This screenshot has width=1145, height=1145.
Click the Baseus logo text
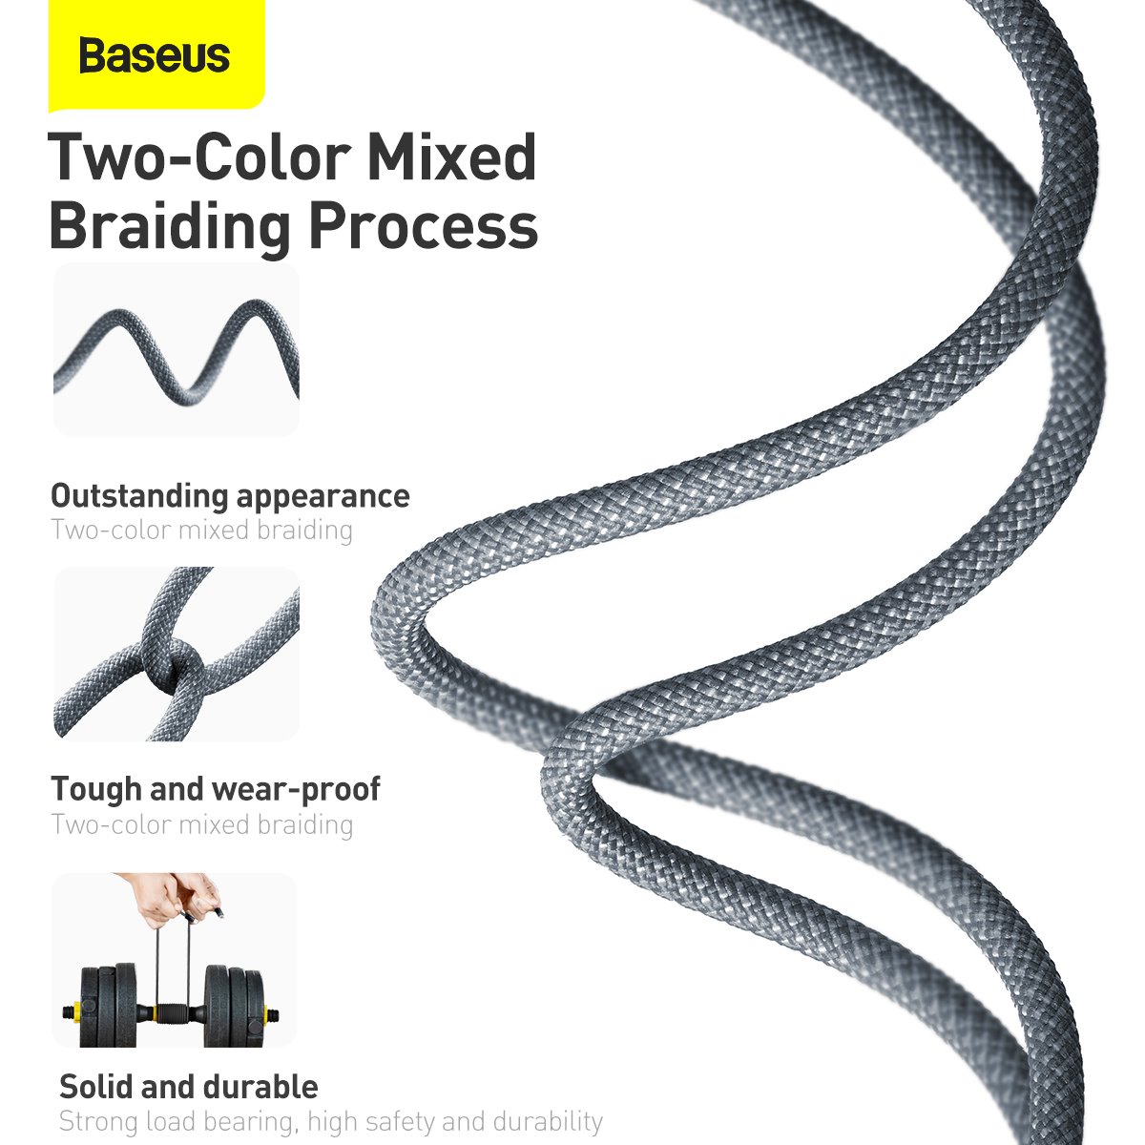coord(155,55)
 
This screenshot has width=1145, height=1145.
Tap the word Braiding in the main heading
coord(169,226)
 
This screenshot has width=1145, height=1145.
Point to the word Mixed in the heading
coord(451,157)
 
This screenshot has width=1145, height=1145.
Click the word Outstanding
coord(138,496)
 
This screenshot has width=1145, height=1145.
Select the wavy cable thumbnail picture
coord(177,350)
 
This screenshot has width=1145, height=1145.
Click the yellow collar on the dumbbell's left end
coord(70,1009)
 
